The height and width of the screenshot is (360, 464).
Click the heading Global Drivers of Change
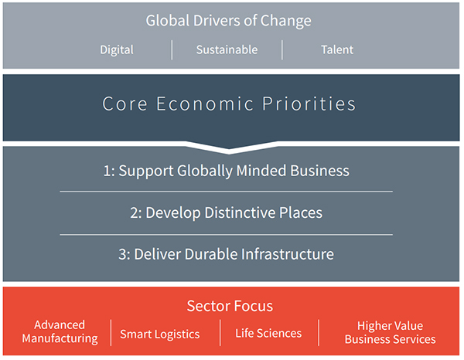228,21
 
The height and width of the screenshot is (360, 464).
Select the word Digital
117,50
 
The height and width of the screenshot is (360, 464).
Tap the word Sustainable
227,49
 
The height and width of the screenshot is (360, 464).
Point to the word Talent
337,49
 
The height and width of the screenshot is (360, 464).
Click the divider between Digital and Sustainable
172,50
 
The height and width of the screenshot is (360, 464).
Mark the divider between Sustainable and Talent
282,50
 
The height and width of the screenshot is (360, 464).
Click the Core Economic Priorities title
229,104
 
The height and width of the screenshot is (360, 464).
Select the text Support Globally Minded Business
234,171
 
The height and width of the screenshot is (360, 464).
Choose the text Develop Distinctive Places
234,212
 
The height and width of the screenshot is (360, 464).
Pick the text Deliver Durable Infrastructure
234,254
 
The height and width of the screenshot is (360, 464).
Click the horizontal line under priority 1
227,192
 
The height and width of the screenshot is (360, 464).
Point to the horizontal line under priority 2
227,235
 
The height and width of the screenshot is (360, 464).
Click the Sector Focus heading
230,306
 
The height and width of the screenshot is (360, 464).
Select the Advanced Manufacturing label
60,331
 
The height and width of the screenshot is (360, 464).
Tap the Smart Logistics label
160,335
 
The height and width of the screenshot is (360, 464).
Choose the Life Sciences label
268,334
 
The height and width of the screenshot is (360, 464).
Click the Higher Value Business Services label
390,332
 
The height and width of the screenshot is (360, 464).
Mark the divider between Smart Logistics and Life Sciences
220,332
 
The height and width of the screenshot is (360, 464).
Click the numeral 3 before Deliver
122,254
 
